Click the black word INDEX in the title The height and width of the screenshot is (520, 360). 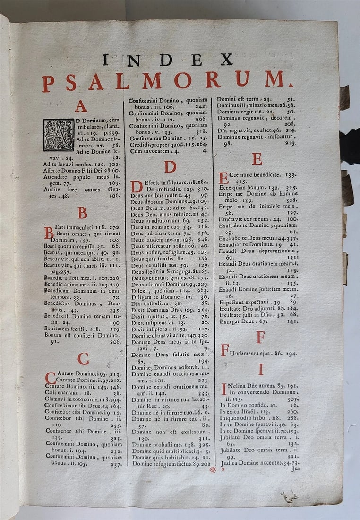(167, 60)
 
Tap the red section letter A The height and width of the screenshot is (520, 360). (81, 106)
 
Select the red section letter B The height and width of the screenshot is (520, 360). (83, 213)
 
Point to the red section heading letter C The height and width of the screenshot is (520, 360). (83, 359)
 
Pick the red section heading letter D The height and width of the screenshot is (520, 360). (170, 167)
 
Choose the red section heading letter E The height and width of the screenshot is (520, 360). (257, 159)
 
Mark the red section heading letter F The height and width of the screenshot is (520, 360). (260, 337)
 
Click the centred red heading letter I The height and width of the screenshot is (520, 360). (260, 369)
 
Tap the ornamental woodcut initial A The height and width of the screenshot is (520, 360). (59, 135)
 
